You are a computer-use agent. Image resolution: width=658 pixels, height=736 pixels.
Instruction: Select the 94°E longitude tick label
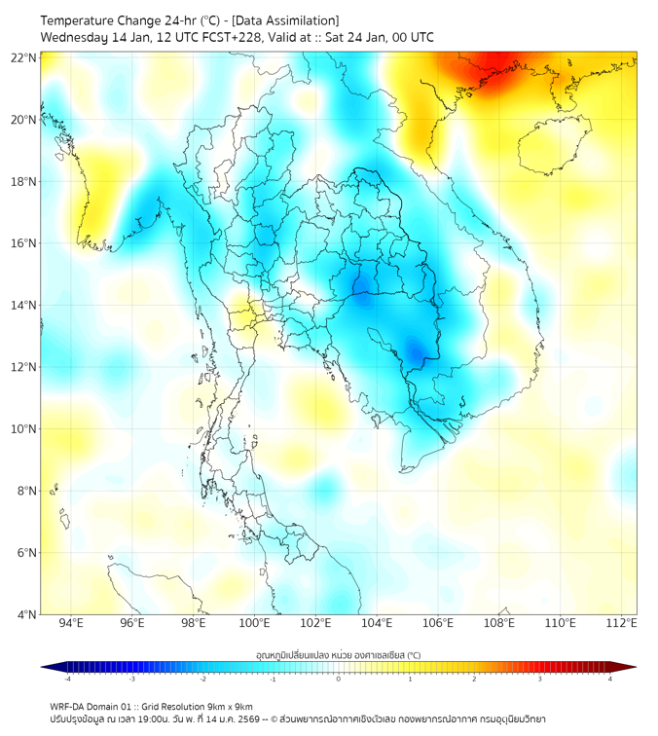click(x=71, y=623)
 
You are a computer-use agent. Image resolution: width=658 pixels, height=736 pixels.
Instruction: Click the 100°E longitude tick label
click(x=255, y=623)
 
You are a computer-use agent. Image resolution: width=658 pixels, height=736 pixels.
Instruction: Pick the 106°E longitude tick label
click(x=439, y=623)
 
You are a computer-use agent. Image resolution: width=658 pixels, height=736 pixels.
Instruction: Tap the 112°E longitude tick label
click(x=622, y=623)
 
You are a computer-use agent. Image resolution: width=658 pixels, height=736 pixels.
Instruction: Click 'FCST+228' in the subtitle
click(x=236, y=38)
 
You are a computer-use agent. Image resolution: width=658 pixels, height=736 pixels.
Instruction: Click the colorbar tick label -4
click(x=67, y=679)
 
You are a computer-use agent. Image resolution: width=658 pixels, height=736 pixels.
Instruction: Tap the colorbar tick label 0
click(x=338, y=679)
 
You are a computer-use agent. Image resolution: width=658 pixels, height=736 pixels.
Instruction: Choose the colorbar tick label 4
click(x=609, y=679)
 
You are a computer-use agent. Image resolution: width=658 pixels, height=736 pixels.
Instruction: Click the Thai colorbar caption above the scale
click(x=338, y=655)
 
